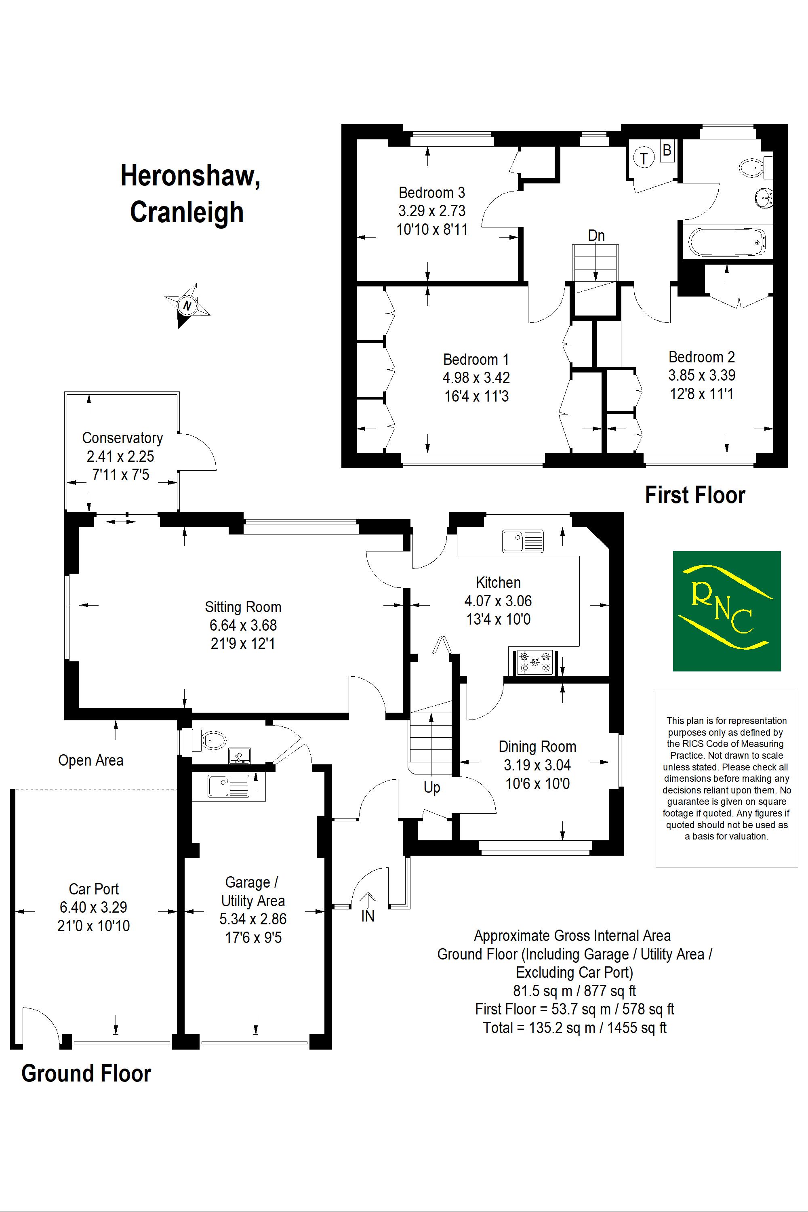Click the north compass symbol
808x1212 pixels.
[187, 305]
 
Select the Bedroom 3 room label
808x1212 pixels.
[432, 193]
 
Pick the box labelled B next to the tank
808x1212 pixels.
[667, 150]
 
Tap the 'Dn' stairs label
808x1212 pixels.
[596, 236]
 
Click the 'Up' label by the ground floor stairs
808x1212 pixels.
[432, 787]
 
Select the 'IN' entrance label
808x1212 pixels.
[367, 916]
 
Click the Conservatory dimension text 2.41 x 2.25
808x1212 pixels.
[120, 456]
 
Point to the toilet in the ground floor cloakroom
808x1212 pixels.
[213, 740]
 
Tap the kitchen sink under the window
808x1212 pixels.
[522, 541]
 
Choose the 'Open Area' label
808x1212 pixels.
[90, 761]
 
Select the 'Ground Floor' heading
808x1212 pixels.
[86, 1074]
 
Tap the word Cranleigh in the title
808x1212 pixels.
[187, 213]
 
